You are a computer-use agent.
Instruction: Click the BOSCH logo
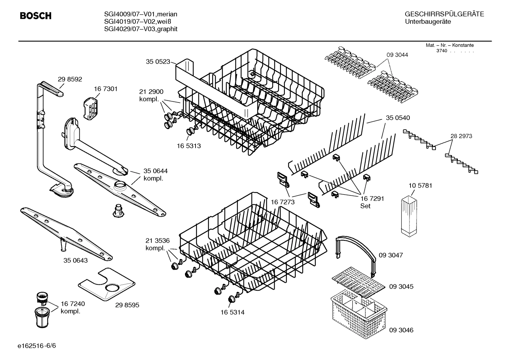(35, 16)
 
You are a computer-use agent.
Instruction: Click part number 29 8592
(70, 79)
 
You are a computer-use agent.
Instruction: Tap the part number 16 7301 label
(106, 89)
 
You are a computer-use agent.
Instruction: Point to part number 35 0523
(158, 62)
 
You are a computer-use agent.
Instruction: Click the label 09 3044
(397, 55)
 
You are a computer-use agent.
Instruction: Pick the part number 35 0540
(398, 118)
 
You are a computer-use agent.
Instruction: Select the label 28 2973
(461, 136)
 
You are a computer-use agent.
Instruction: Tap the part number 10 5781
(420, 186)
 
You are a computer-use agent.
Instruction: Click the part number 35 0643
(76, 261)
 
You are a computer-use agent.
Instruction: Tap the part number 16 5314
(232, 312)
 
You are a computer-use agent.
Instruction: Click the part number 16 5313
(188, 146)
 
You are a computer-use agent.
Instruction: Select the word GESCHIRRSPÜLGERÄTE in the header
(444, 14)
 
